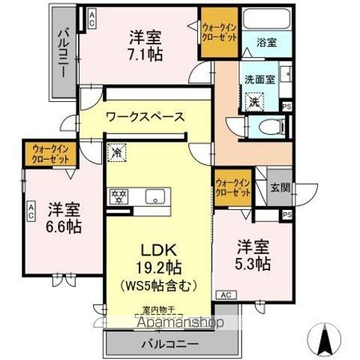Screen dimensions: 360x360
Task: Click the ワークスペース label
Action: pyautogui.click(x=145, y=117)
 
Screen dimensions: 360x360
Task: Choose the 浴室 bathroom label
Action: pyautogui.click(x=266, y=43)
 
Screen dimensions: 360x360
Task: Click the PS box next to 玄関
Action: pyautogui.click(x=288, y=215)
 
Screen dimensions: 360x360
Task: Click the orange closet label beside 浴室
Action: pyautogui.click(x=220, y=31)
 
